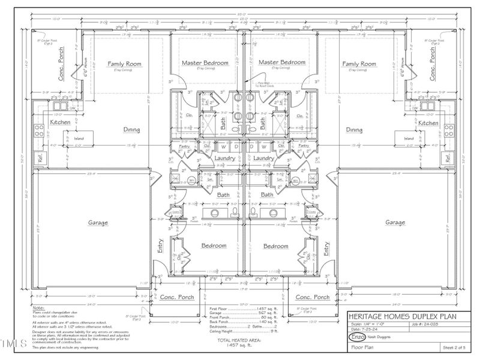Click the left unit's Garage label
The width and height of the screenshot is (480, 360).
[98, 223]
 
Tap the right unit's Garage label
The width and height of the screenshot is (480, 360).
[395, 223]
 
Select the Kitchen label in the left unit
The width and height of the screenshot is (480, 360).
[60, 122]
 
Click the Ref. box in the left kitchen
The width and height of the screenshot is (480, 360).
[41, 159]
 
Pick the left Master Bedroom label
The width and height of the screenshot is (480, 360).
[205, 63]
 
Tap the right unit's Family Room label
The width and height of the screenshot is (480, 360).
[359, 64]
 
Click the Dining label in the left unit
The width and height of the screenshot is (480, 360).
[131, 130]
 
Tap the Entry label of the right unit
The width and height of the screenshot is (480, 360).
[326, 247]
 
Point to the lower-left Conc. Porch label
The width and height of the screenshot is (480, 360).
[175, 297]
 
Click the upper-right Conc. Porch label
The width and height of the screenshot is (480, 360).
[434, 65]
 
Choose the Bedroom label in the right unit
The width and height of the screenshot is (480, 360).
[275, 246]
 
